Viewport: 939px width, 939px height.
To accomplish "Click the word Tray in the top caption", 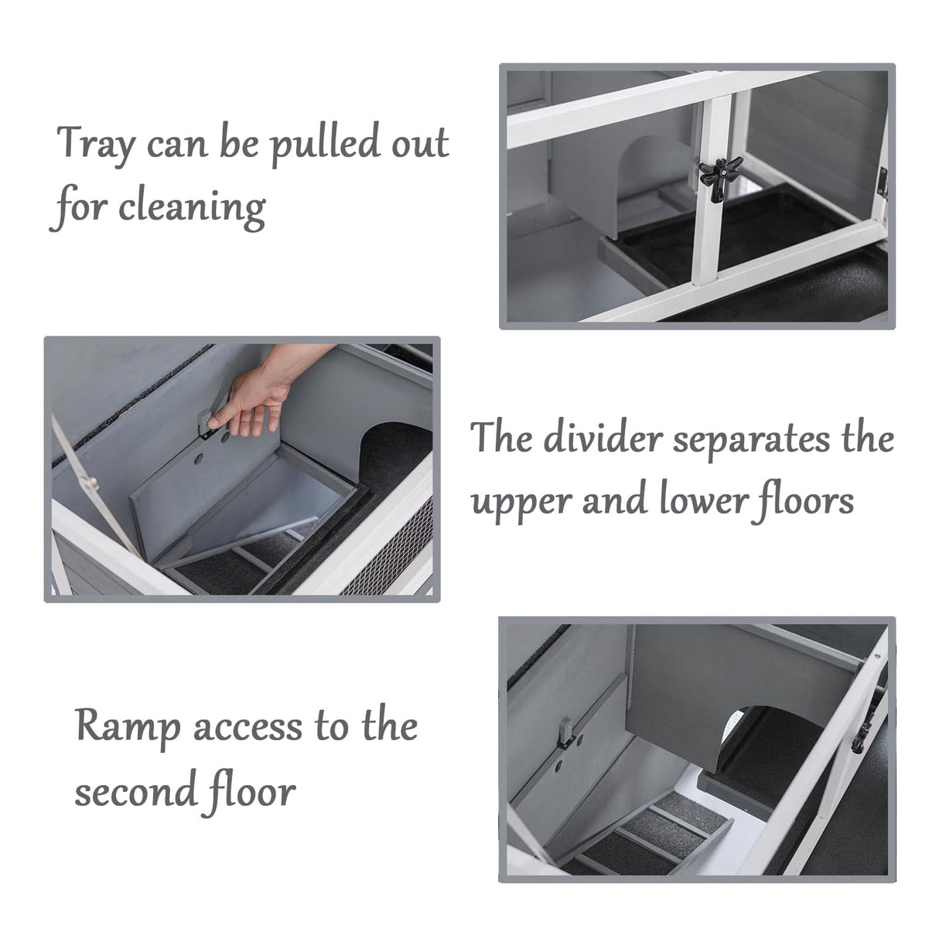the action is (95, 144).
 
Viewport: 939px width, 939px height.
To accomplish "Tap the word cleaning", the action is (192, 208).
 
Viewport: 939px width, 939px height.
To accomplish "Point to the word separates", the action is (750, 440).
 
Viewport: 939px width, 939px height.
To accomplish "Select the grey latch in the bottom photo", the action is (565, 732).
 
